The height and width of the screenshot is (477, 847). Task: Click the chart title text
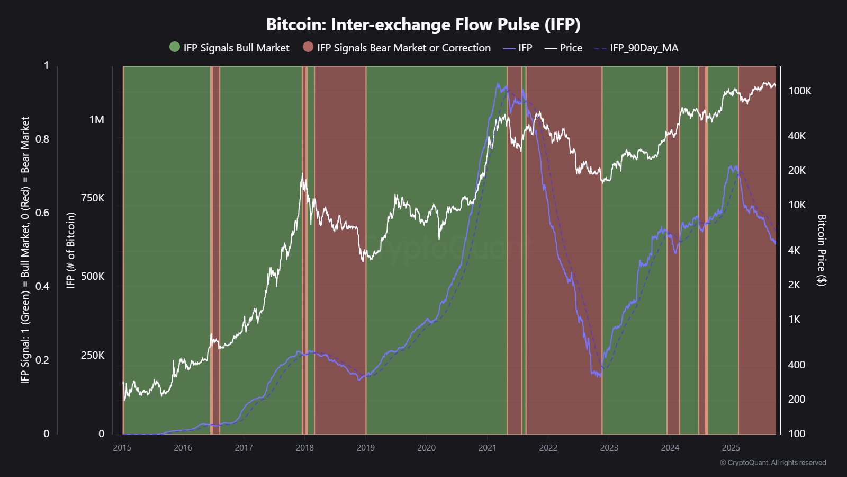[x=423, y=24]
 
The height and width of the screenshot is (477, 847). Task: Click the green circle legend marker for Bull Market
[x=175, y=47]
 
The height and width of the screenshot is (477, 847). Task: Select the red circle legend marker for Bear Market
[x=308, y=47]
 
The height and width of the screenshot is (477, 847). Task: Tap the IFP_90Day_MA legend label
[x=644, y=48]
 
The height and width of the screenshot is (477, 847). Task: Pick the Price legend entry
[x=571, y=48]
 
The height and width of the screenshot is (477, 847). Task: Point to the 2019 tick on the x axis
[x=365, y=447]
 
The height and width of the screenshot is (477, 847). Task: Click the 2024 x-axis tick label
[x=670, y=447]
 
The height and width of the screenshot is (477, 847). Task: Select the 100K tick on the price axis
[x=799, y=91]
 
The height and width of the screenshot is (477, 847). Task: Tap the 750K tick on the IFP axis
[x=92, y=198]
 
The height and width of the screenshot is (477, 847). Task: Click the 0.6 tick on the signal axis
[x=42, y=213]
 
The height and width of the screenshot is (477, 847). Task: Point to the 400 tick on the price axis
[x=796, y=365]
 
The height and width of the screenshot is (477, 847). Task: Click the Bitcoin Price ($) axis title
[x=821, y=250]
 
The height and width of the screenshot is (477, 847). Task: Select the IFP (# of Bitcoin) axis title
[x=71, y=250]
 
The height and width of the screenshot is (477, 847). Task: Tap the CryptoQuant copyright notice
[x=772, y=463]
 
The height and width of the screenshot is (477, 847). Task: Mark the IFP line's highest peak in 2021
[x=498, y=84]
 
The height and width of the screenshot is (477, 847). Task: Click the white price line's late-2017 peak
[x=302, y=174]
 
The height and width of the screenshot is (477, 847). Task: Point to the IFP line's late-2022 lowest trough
[x=599, y=376]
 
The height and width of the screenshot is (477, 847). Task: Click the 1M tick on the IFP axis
[x=96, y=119]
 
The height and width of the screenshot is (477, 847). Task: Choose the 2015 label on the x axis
[x=122, y=447]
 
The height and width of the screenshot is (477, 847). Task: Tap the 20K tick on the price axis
[x=796, y=170]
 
